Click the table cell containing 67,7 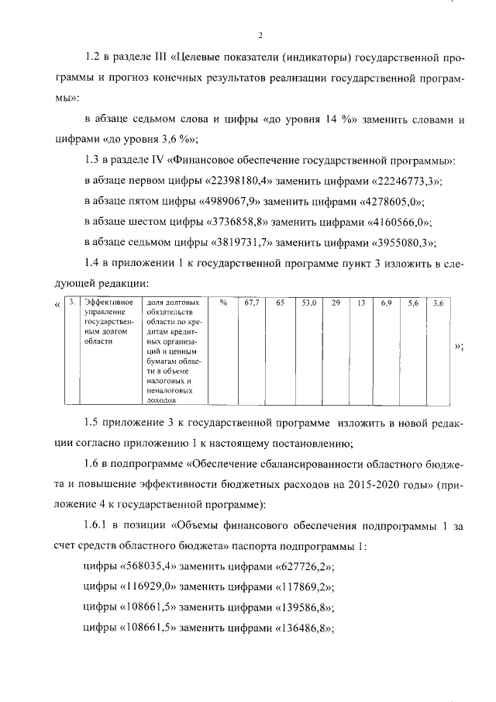tap(250, 303)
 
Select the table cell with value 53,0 tap(308, 303)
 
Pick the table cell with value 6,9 tap(387, 303)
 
